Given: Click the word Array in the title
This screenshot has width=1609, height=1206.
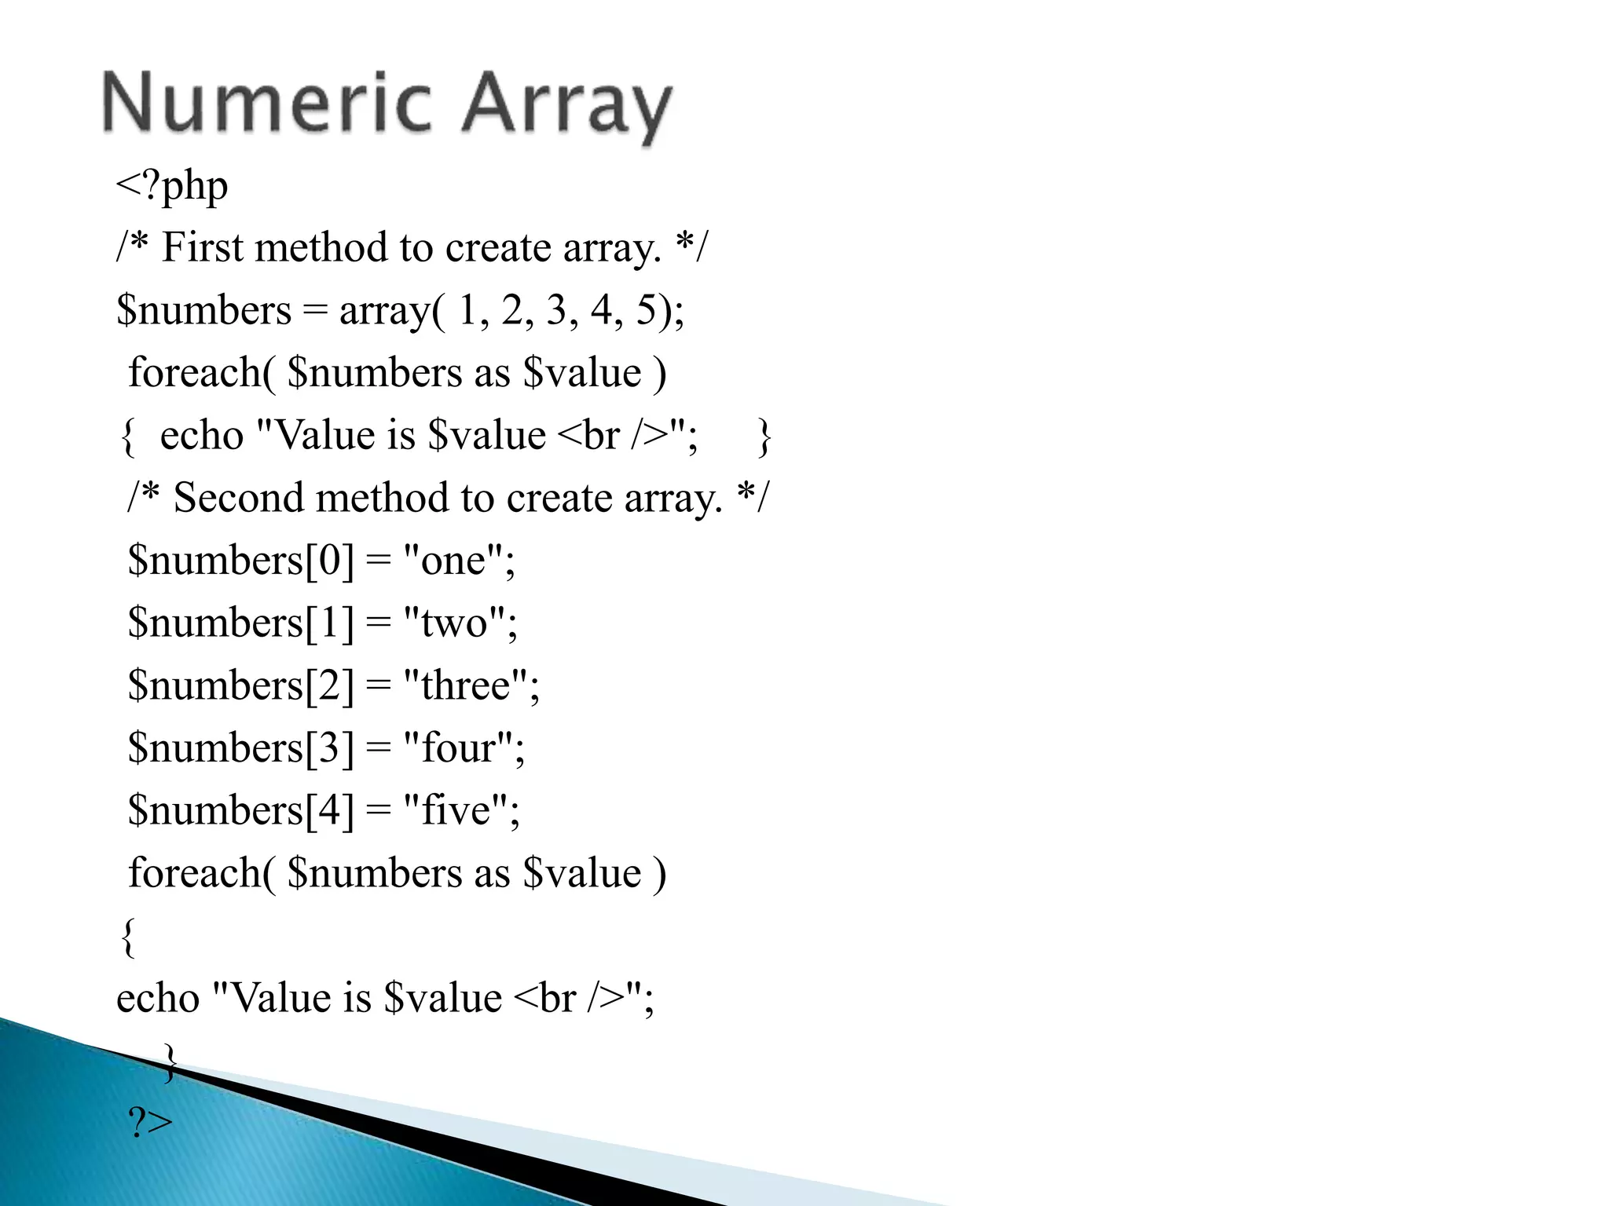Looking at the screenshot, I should (566, 106).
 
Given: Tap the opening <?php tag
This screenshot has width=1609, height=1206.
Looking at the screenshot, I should (172, 187).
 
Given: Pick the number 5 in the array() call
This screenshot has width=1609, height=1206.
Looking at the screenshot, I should (646, 310).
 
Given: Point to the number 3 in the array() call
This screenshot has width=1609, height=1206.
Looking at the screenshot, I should (557, 310).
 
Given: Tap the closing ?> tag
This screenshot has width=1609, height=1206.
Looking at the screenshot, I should (150, 1124).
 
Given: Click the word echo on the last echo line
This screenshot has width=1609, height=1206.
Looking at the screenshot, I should (158, 999).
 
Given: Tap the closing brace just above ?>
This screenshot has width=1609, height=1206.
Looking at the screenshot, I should (170, 1062).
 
